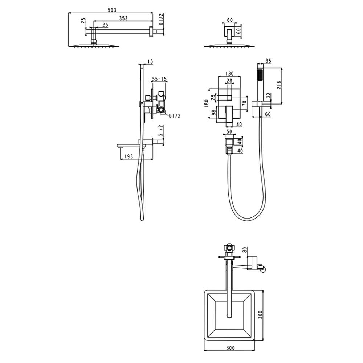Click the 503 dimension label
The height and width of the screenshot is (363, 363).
tap(112, 10)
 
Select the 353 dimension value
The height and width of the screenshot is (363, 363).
tap(123, 18)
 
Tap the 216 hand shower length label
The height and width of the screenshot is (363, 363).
tap(279, 85)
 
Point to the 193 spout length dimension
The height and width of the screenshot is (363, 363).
tap(129, 156)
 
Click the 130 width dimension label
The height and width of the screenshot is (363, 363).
tap(229, 74)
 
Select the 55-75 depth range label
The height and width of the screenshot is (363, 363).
tap(159, 79)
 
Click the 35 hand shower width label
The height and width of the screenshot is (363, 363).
tap(268, 61)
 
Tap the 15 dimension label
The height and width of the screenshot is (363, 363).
tap(150, 62)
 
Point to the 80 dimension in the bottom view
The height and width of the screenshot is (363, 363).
tap(245, 250)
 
